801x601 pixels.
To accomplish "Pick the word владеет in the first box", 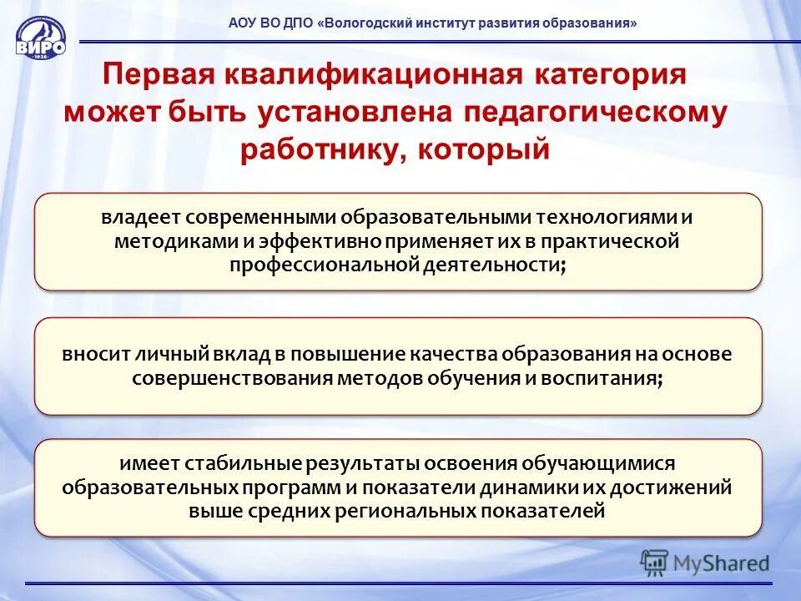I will tap(140, 218).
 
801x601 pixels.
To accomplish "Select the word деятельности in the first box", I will tap(492, 265).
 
